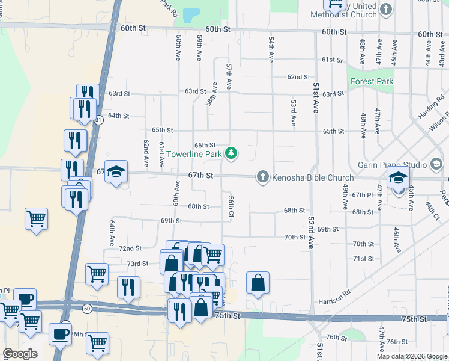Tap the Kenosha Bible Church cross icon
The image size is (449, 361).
pyautogui.click(x=262, y=177)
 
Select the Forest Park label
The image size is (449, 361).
pyautogui.click(x=372, y=81)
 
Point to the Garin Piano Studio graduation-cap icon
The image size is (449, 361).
pyautogui.click(x=436, y=164)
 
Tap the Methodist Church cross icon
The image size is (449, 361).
pyautogui.click(x=387, y=10)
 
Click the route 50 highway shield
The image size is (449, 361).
pyautogui.click(x=88, y=309)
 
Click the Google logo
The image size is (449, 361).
pyautogui.click(x=20, y=354)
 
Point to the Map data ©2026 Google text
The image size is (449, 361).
pyautogui.click(x=411, y=356)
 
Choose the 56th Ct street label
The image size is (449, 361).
pyautogui.click(x=231, y=206)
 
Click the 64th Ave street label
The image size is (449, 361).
pyautogui.click(x=112, y=233)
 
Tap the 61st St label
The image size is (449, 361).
pyautogui.click(x=331, y=60)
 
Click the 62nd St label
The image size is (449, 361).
pyautogui.click(x=298, y=77)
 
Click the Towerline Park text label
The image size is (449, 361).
pyautogui.click(x=194, y=155)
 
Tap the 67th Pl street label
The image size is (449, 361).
pyautogui.click(x=363, y=195)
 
